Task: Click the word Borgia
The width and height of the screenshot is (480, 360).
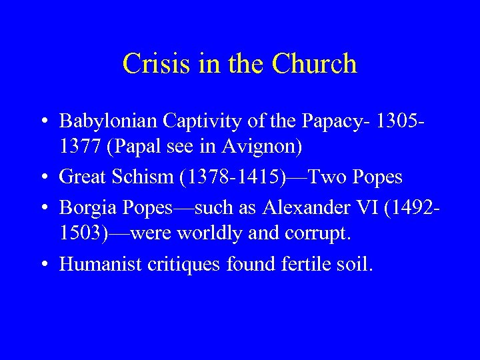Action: (x=81, y=207)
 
